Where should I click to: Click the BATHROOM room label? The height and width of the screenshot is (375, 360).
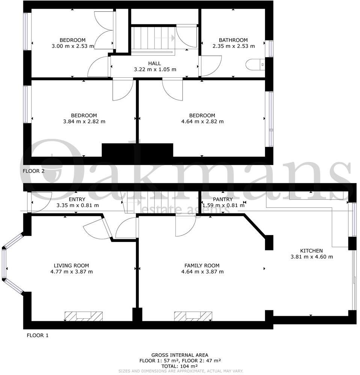point(233,40)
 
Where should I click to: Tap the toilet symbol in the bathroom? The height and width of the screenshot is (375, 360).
point(256,64)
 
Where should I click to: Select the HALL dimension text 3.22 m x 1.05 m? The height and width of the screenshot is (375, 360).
point(155,69)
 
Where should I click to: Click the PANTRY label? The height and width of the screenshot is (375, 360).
point(223,199)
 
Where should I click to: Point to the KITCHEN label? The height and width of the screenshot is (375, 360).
point(311,250)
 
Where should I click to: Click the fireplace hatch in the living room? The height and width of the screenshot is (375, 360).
point(84,316)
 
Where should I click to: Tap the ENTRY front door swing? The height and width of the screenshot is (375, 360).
point(41,202)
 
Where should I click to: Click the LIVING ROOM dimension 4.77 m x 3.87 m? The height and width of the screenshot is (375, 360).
point(71,271)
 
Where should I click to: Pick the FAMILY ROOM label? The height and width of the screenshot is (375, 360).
point(202,265)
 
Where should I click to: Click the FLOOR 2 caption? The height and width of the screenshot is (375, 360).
point(33,171)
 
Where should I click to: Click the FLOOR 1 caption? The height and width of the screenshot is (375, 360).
point(37,335)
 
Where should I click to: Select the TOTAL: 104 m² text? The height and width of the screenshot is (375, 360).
point(180,366)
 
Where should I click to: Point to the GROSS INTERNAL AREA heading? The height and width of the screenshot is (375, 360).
point(180,355)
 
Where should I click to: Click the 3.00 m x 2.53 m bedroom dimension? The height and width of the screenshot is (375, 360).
point(72,46)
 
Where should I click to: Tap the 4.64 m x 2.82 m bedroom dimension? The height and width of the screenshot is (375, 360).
point(202,121)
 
